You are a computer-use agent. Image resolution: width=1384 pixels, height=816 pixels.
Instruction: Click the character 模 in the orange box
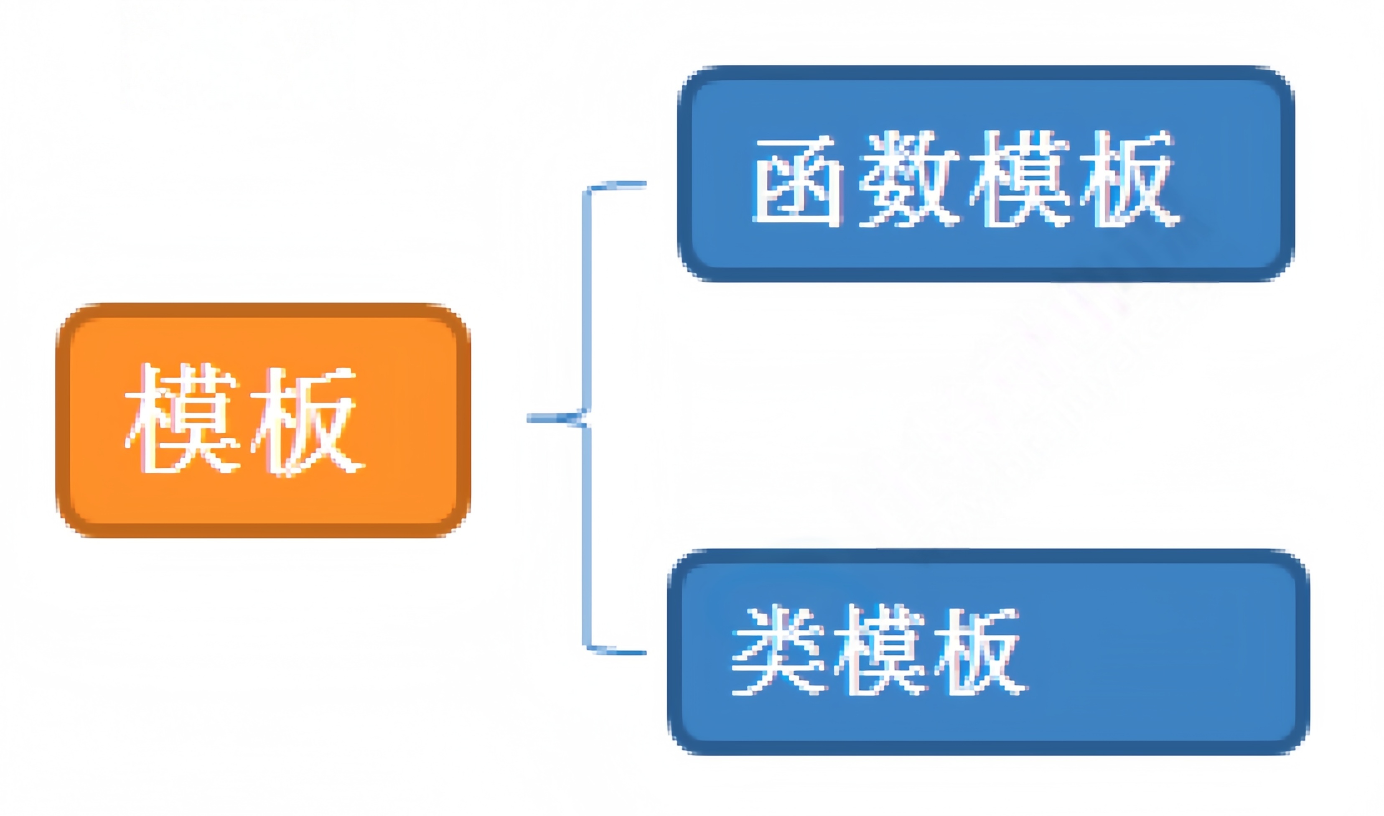[183, 419]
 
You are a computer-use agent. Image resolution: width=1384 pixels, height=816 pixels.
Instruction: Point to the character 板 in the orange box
[307, 420]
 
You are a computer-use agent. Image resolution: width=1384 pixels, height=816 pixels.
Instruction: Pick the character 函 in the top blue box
[798, 179]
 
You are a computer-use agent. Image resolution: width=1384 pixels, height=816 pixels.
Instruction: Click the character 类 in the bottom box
[778, 650]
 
